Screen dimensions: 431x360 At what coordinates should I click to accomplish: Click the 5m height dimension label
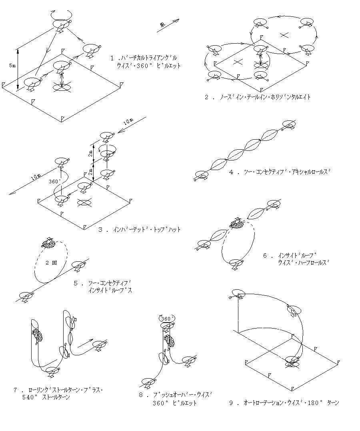click(12, 65)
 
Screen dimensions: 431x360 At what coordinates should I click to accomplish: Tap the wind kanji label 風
click(162, 25)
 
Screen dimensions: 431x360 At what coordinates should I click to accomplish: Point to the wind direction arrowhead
click(176, 20)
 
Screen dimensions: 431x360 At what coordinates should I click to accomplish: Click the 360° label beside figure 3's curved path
click(54, 180)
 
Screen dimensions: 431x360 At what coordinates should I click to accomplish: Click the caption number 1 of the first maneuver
click(113, 58)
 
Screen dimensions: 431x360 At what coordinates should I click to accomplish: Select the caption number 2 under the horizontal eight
click(207, 97)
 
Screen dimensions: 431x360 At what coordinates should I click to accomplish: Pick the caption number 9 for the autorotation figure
click(231, 403)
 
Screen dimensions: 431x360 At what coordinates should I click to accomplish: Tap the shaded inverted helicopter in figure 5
click(48, 243)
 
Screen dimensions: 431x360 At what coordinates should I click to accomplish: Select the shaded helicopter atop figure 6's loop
click(237, 223)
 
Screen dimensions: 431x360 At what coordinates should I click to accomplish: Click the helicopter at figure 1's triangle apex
click(62, 25)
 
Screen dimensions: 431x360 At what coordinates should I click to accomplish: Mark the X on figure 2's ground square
click(238, 62)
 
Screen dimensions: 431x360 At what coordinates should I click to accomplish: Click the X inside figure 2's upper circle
click(284, 34)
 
